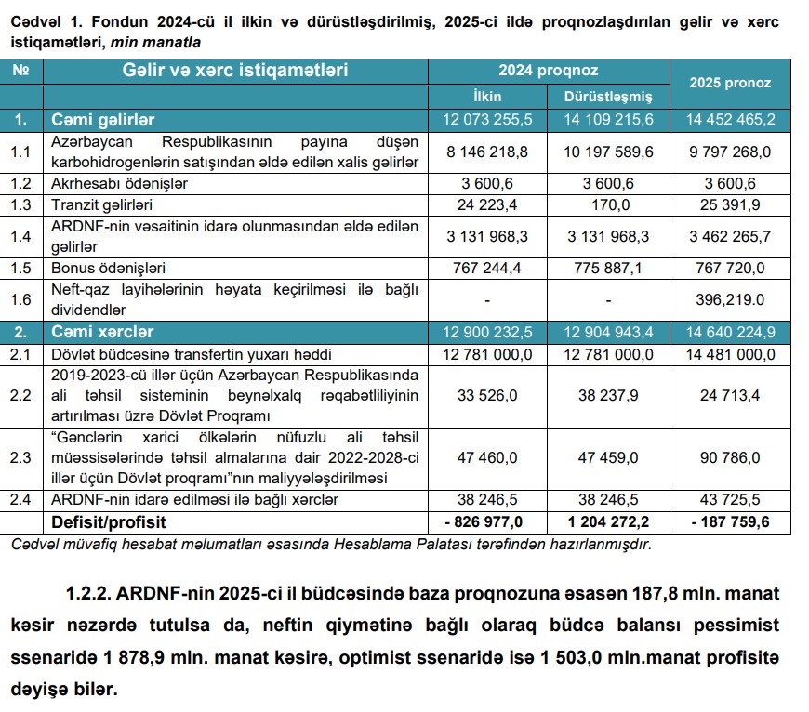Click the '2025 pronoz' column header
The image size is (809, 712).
(730, 83)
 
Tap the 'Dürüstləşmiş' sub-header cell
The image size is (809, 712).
(609, 96)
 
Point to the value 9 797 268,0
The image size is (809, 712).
(730, 151)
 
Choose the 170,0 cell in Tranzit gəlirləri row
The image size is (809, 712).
(609, 204)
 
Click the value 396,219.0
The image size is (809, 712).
(730, 299)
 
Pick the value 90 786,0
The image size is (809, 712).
(730, 457)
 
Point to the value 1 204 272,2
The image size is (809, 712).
(609, 522)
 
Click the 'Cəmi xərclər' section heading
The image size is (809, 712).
(102, 332)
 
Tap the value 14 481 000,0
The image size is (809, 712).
(730, 354)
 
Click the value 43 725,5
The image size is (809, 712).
(730, 500)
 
